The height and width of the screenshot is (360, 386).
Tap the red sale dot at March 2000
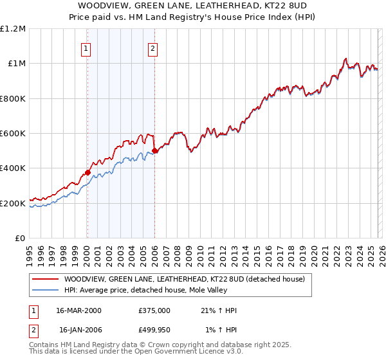(x=87, y=172)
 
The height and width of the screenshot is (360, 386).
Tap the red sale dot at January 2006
(x=154, y=150)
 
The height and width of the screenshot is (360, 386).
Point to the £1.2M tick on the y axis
(x=13, y=29)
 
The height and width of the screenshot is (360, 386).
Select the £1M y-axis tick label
(x=16, y=64)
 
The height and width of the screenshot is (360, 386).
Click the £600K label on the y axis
(x=13, y=134)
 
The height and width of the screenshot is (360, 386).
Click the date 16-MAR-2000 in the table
(x=79, y=310)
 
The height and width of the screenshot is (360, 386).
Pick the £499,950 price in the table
(x=154, y=330)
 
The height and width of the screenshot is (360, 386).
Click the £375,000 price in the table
(x=154, y=310)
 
